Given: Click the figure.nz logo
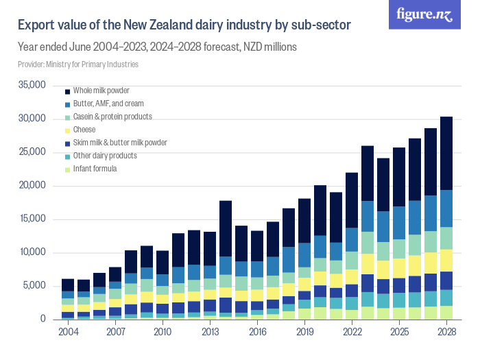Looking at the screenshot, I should point(425,14).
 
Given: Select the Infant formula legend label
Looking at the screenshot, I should point(95,169).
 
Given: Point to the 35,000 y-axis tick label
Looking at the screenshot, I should point(32,85).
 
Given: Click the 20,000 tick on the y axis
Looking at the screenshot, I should point(32,186).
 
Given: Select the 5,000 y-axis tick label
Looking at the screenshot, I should point(34,286).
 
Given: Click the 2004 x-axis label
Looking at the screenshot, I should point(68,333).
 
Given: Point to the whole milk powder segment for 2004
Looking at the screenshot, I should point(68,285).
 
